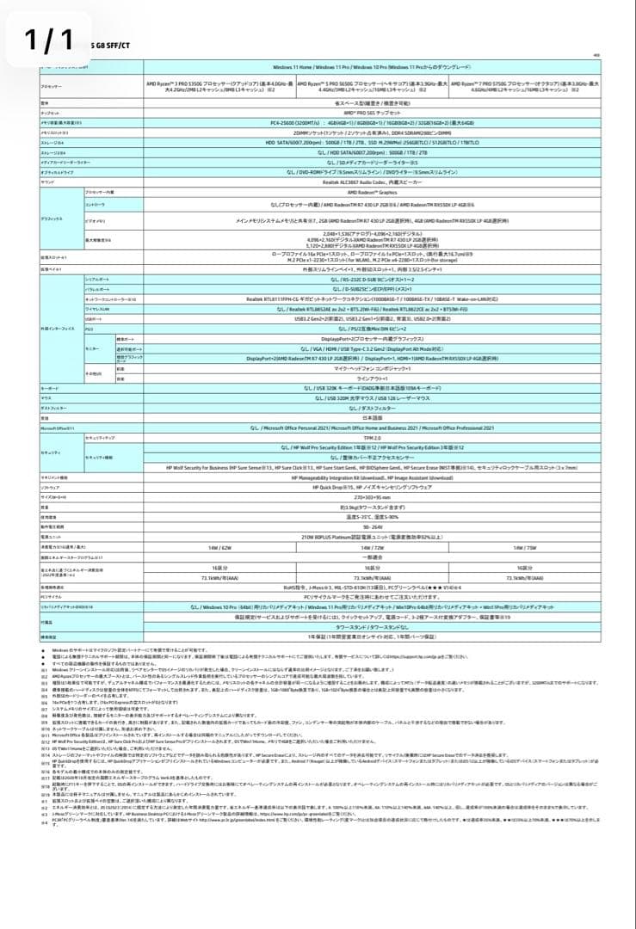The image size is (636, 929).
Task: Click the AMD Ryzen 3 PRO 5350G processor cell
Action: [x=220, y=86]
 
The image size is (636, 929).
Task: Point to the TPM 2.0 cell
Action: [x=373, y=439]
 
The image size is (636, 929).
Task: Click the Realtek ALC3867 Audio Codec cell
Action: [x=373, y=182]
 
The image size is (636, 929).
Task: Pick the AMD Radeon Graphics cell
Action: [x=373, y=192]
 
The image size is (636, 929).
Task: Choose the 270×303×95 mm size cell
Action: [x=373, y=497]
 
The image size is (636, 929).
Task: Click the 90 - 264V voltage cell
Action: [x=373, y=526]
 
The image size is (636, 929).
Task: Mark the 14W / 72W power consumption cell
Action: [x=373, y=547]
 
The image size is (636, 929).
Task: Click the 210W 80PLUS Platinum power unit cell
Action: [x=373, y=537]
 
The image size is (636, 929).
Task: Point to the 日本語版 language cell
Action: [x=373, y=417]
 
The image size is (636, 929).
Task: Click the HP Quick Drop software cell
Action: [x=373, y=487]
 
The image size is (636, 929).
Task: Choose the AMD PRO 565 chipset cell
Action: [x=373, y=113]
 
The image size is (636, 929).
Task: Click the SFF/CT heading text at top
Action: [x=107, y=42]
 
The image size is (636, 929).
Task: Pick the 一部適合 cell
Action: [x=373, y=557]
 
